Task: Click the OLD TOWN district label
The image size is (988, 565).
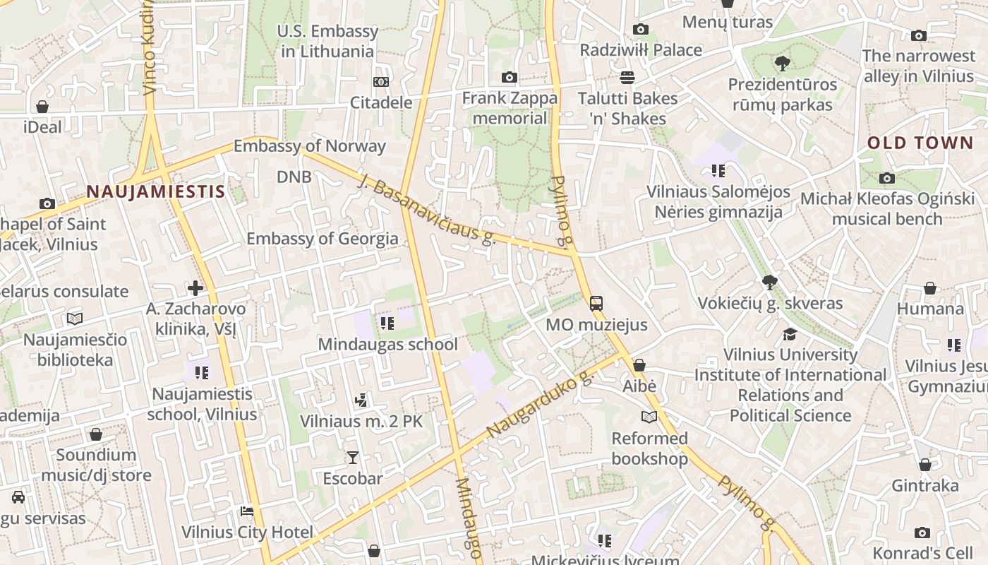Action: (920, 143)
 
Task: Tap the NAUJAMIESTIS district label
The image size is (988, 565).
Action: (156, 191)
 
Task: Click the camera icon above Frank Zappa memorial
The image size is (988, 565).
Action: (509, 78)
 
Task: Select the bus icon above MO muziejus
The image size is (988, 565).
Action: (596, 304)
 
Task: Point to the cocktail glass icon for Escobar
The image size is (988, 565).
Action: (352, 458)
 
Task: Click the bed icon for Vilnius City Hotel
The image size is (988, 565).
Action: (246, 511)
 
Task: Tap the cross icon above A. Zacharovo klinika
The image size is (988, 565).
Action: (195, 288)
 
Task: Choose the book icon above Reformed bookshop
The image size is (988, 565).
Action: (649, 417)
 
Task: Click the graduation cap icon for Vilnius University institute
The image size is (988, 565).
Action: (790, 334)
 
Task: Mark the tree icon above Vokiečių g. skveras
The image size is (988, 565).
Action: (770, 282)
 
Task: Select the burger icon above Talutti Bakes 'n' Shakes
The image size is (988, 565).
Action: (627, 78)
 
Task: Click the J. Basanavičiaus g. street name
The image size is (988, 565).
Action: (428, 209)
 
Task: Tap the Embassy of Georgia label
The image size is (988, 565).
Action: (322, 239)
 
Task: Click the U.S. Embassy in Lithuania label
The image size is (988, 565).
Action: (327, 41)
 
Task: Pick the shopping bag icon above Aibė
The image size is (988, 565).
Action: (639, 365)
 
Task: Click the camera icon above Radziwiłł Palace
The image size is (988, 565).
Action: (641, 29)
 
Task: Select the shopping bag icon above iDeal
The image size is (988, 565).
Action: (42, 107)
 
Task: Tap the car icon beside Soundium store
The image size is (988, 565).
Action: (18, 497)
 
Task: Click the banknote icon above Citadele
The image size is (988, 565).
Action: (381, 82)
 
